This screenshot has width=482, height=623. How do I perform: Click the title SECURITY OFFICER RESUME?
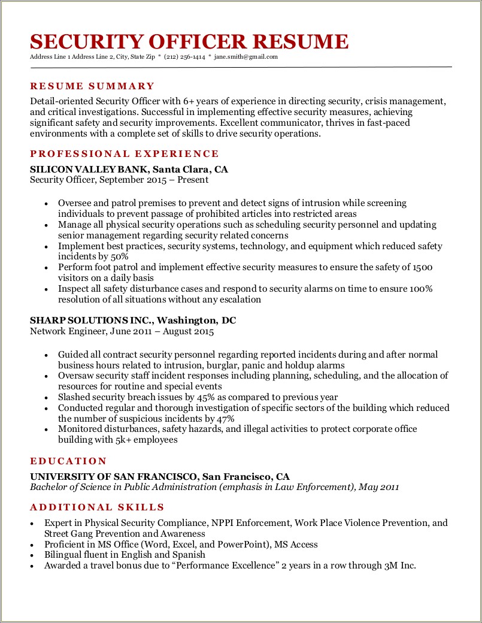click(189, 41)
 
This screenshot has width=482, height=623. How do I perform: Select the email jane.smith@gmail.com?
click(246, 57)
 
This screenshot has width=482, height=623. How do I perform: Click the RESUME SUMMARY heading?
click(92, 86)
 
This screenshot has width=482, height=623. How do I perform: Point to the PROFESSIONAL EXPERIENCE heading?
click(125, 154)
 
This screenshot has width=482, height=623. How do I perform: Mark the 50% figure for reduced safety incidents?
click(120, 256)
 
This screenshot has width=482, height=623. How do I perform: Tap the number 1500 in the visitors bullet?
click(422, 267)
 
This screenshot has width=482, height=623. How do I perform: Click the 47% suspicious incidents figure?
click(224, 419)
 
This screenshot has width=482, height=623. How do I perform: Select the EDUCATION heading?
click(68, 461)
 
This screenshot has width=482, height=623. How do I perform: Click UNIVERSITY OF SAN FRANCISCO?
click(114, 477)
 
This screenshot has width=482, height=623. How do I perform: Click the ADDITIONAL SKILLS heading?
click(97, 507)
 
